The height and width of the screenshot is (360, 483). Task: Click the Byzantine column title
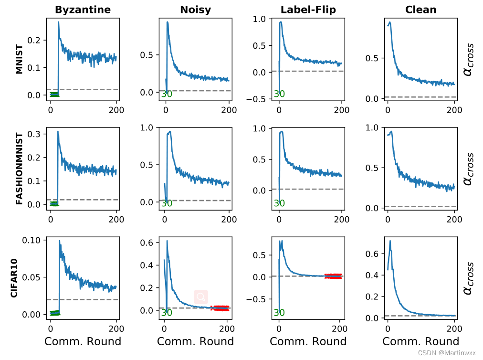click(83, 10)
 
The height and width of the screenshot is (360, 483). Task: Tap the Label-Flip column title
click(308, 10)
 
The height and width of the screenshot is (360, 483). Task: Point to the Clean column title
click(420, 10)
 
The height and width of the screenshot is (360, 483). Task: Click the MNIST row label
click(19, 59)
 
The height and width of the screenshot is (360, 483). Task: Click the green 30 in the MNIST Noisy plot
click(167, 94)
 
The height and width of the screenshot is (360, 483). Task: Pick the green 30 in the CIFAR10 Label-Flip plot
click(279, 313)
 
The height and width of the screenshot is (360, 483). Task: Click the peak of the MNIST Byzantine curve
click(59, 22)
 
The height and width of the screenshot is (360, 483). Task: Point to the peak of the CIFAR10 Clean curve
click(390, 241)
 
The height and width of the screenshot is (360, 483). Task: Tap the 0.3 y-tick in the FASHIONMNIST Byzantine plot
click(34, 134)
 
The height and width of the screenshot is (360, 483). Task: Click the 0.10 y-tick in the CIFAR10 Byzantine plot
click(32, 240)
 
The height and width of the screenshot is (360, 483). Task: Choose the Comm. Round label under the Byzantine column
click(83, 341)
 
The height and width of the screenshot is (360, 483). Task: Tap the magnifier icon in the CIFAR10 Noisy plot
click(201, 296)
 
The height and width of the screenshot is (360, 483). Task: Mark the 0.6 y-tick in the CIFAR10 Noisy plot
click(146, 243)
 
